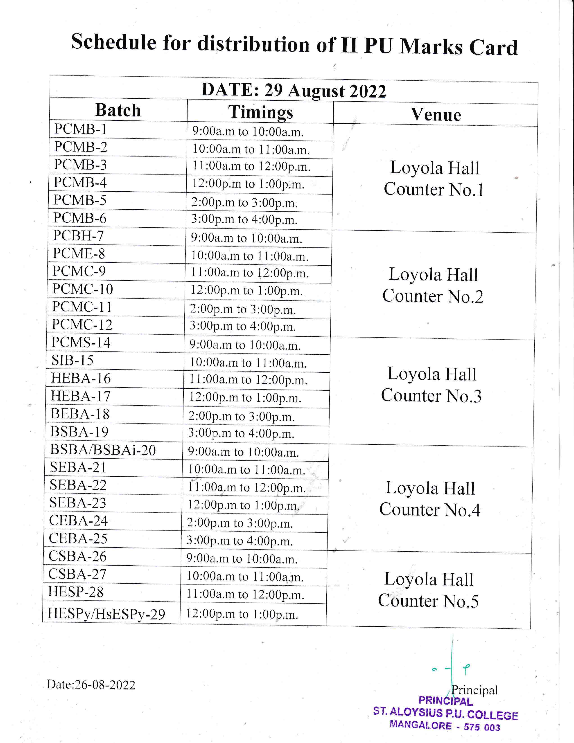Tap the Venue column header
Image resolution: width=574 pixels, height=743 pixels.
(436, 115)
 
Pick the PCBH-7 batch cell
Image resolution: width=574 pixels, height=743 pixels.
(79, 236)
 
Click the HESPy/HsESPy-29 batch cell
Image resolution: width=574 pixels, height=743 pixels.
(106, 614)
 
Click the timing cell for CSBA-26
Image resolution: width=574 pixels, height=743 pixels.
(242, 559)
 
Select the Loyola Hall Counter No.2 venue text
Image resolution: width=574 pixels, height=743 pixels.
(433, 285)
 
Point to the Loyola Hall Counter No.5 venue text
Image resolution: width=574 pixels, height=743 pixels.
(428, 590)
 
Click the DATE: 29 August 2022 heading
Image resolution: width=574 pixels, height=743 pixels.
(294, 91)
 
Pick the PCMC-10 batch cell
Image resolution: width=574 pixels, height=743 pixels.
(82, 289)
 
